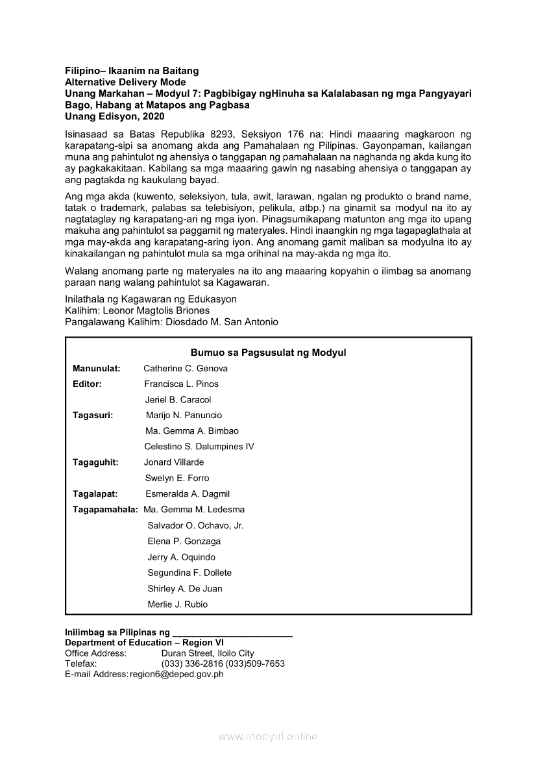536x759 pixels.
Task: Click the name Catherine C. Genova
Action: (186, 368)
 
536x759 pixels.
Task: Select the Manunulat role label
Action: (97, 368)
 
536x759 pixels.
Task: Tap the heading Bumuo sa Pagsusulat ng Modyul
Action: (268, 353)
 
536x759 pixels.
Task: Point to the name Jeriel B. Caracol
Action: (178, 400)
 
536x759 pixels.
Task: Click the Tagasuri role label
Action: (93, 416)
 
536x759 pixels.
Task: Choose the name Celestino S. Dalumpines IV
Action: (199, 447)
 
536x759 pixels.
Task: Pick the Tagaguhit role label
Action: (95, 462)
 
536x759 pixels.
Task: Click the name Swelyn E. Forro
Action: (177, 479)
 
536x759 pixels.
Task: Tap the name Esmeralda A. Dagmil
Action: (188, 494)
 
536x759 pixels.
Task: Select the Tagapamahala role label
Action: (105, 510)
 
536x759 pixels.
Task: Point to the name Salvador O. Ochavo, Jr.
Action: (195, 526)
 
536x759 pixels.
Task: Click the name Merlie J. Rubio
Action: (178, 604)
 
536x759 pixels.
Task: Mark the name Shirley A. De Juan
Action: (185, 589)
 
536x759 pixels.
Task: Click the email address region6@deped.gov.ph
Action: (177, 674)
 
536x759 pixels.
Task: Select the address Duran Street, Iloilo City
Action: (208, 653)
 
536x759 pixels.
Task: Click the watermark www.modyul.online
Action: (268, 737)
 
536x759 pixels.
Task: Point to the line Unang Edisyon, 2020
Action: (115, 117)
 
